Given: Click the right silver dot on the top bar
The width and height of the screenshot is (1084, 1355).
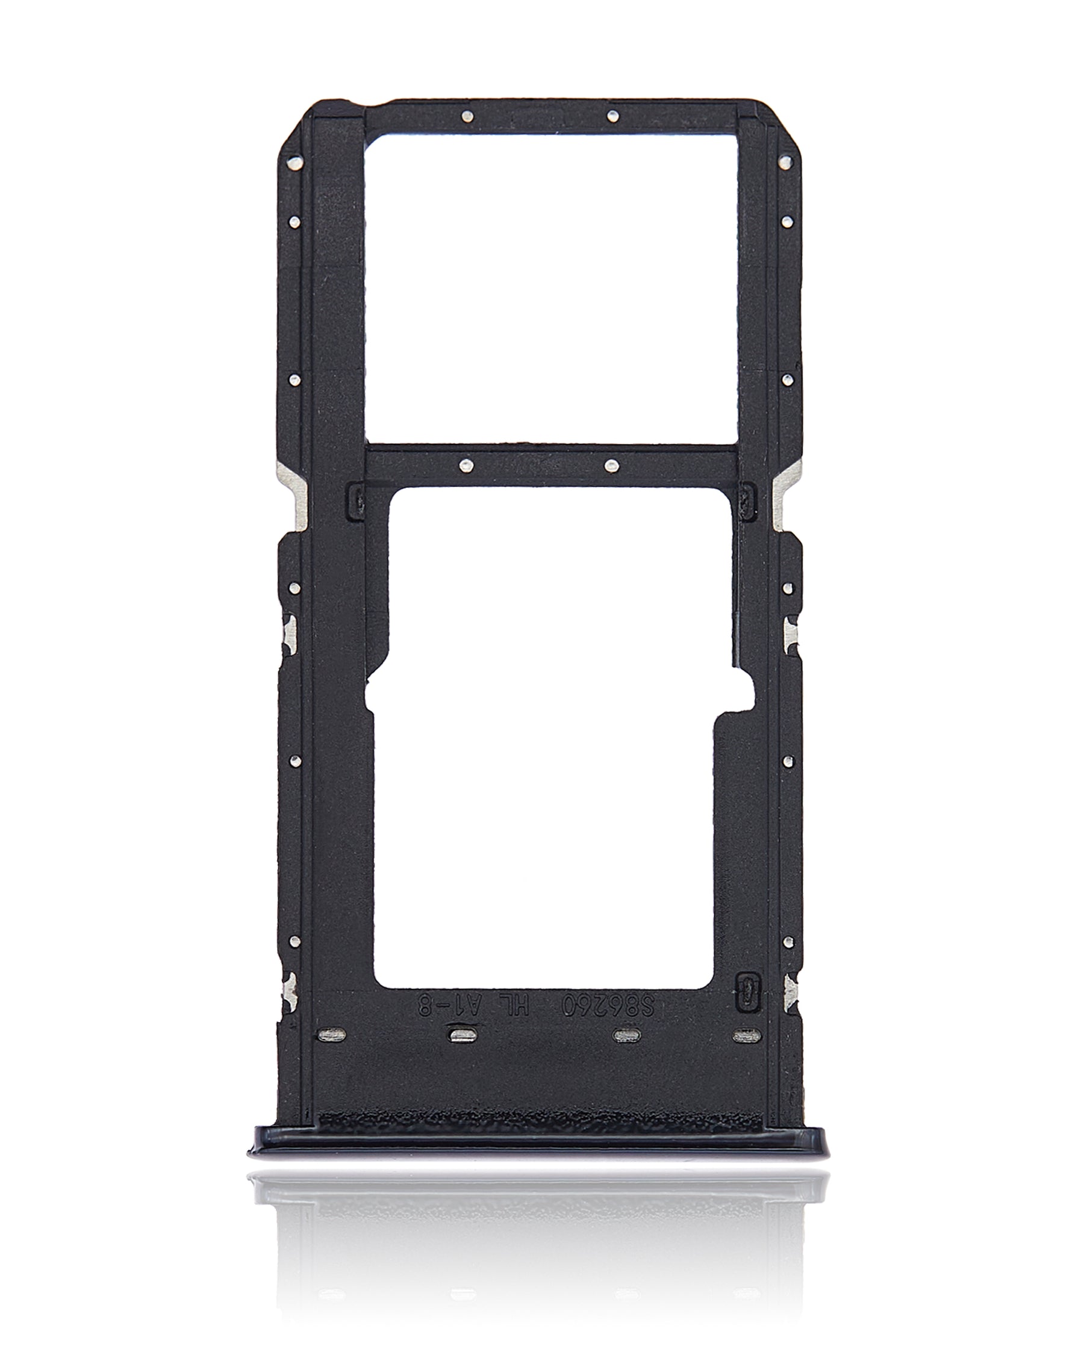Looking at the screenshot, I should tap(613, 116).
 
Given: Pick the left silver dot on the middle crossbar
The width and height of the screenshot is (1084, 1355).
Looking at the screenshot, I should tap(465, 466).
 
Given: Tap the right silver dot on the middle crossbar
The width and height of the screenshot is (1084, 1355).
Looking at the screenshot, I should tap(611, 466).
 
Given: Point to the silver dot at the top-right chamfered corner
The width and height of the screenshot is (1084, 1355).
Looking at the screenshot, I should tap(783, 163).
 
